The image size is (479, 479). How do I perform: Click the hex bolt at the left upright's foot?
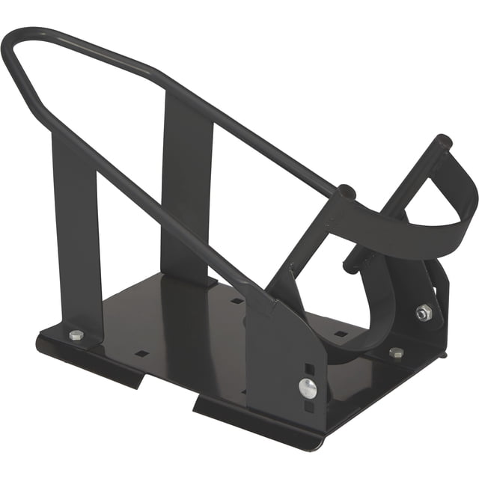76,335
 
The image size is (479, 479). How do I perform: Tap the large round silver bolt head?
308,387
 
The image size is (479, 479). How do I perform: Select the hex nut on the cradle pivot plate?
424,312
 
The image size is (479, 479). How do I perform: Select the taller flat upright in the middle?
187,187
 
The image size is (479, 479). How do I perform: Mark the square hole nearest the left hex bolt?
140,352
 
